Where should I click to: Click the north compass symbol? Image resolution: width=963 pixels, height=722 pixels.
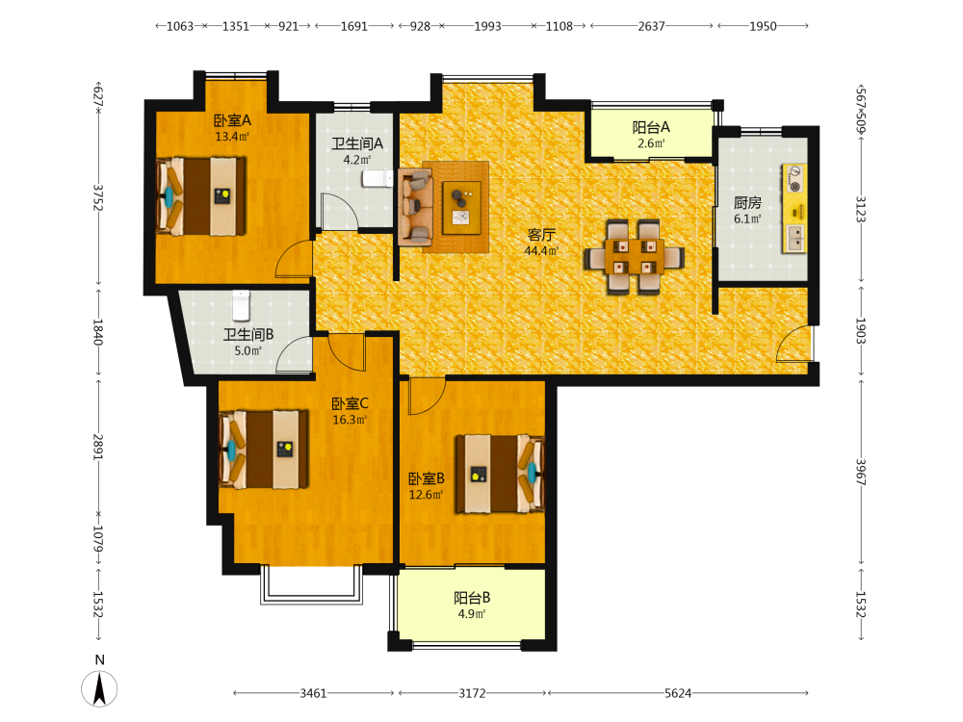[99, 687]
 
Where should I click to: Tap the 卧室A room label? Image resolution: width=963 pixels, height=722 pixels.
[232, 120]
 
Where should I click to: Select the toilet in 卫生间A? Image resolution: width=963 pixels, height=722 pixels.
[377, 178]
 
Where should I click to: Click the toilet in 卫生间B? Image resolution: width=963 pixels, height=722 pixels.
[242, 304]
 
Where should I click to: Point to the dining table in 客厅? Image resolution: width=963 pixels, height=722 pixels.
[635, 257]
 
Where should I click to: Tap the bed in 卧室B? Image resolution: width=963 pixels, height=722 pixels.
[500, 474]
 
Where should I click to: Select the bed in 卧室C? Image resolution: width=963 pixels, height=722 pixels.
[264, 450]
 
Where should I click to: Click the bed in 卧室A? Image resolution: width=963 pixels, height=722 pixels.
[201, 196]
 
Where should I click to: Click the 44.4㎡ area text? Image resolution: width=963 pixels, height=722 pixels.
[541, 250]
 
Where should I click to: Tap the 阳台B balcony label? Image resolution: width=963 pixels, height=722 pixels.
[472, 598]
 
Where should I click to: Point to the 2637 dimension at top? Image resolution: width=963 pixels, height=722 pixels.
[651, 26]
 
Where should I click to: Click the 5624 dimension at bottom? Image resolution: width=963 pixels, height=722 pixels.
[677, 693]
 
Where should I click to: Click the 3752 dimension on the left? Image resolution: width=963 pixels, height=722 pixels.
[97, 197]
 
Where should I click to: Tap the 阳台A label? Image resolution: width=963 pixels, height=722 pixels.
[651, 127]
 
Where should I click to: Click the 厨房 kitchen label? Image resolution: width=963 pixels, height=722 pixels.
[747, 202]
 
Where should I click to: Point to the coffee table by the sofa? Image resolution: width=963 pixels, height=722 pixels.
[462, 208]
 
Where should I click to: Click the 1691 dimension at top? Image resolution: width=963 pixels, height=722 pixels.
[353, 26]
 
